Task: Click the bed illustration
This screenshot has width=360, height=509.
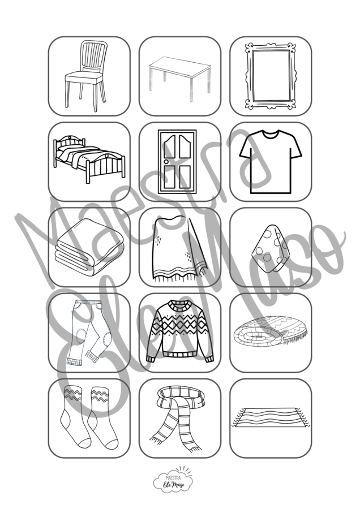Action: (89, 159)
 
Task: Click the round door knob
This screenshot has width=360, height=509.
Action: (166, 161)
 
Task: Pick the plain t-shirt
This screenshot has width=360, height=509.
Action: (271, 162)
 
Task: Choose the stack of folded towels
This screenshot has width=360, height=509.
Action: (89, 247)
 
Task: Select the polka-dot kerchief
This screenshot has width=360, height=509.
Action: (271, 248)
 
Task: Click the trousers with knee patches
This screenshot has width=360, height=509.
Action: (88, 333)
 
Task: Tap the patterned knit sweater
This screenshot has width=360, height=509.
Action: (179, 331)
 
